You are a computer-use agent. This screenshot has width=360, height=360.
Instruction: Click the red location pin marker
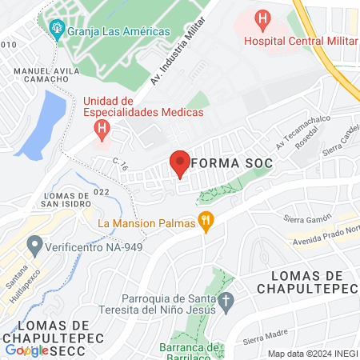pyautogui.click(x=180, y=164)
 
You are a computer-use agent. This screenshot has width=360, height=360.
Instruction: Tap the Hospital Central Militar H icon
pyautogui.click(x=262, y=18)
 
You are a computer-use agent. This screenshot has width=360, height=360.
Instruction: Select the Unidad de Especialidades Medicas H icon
pyautogui.click(x=102, y=128)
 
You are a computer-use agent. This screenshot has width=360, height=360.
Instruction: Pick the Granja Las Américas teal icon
pyautogui.click(x=57, y=30)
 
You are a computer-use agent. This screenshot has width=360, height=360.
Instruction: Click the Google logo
pyautogui.click(x=26, y=350)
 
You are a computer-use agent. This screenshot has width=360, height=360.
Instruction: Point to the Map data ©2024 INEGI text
pyautogui.click(x=311, y=354)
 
